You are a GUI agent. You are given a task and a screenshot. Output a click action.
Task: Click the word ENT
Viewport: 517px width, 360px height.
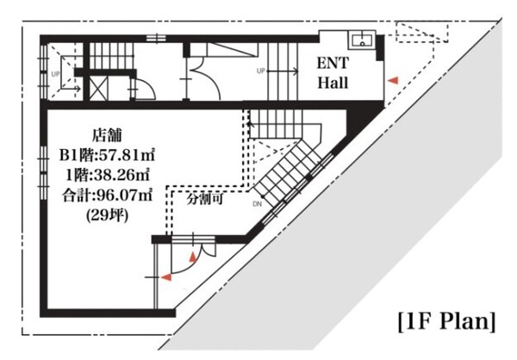[333, 64]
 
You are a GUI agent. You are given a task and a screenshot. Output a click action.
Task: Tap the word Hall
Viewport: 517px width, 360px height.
[333, 84]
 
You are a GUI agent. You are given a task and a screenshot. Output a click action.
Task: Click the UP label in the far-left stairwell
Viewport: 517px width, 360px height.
[56, 74]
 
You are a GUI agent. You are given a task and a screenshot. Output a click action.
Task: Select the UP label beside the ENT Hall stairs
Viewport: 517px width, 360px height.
[259, 71]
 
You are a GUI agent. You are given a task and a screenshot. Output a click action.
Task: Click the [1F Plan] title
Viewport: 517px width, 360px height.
[446, 322]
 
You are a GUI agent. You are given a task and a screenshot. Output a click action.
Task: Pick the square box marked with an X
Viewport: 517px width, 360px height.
[97, 87]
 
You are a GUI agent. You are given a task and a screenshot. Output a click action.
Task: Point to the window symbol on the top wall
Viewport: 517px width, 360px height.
[157, 37]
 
